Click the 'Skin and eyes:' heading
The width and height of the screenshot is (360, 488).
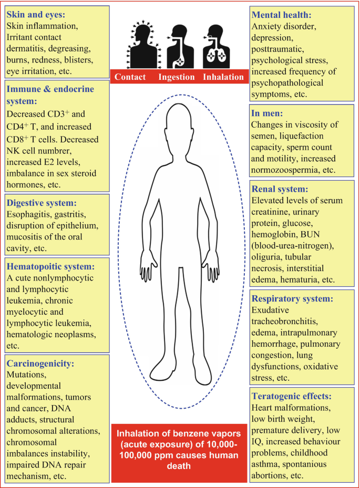[39, 14]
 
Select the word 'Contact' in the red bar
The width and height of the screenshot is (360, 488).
[130, 77]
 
